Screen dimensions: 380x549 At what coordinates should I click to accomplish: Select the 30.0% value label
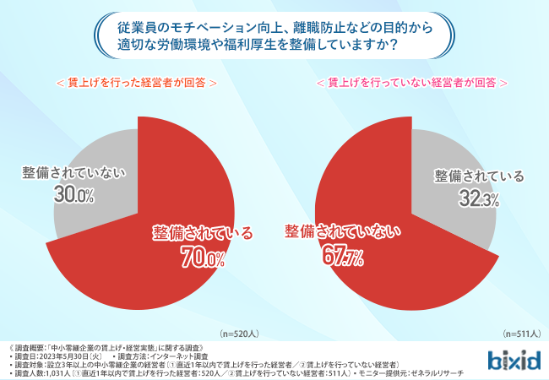[x=73, y=194]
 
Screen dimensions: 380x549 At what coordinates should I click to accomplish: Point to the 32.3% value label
[x=478, y=198]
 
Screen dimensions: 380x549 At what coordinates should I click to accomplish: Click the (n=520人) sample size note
[x=244, y=334]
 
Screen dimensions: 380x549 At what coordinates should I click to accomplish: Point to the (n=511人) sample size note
[x=521, y=334]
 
